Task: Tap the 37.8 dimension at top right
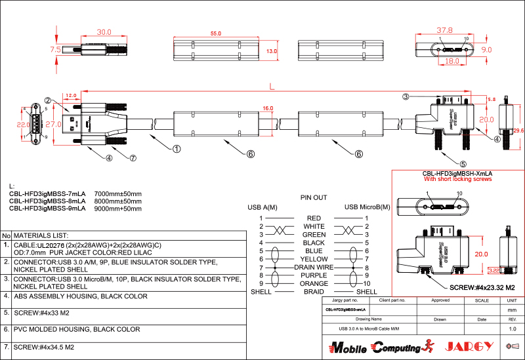point(445,30)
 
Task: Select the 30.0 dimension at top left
point(104,32)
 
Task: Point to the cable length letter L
point(272,86)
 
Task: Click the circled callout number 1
point(177,149)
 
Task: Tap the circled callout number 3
point(406,97)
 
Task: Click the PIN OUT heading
point(314,197)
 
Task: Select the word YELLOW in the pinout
point(314,259)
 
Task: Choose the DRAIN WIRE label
point(314,268)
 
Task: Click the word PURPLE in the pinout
point(314,275)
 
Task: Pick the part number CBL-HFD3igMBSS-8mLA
point(47,201)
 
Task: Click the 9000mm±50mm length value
point(118,209)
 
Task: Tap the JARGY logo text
point(468,346)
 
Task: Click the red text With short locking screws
point(457,178)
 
